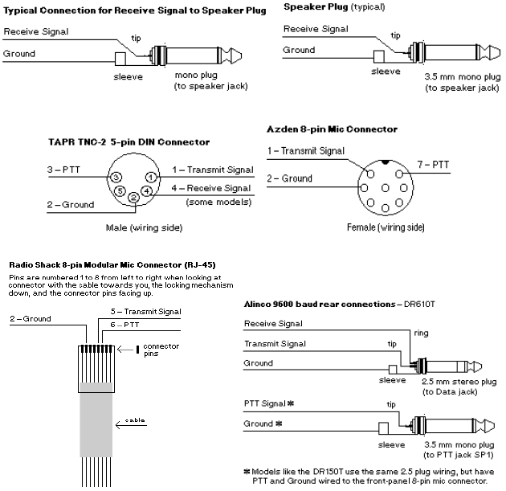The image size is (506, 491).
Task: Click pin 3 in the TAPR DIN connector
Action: [x=116, y=177]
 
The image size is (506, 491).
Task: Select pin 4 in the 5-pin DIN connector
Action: [x=147, y=190]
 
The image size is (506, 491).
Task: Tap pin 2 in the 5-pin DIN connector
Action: [x=133, y=198]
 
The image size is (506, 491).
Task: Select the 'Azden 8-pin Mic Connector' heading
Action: [x=332, y=129]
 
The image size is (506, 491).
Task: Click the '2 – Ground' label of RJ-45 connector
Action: [x=31, y=319]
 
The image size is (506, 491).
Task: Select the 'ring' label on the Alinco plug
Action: [x=421, y=332]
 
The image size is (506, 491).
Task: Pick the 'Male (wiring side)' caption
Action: [x=144, y=227]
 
